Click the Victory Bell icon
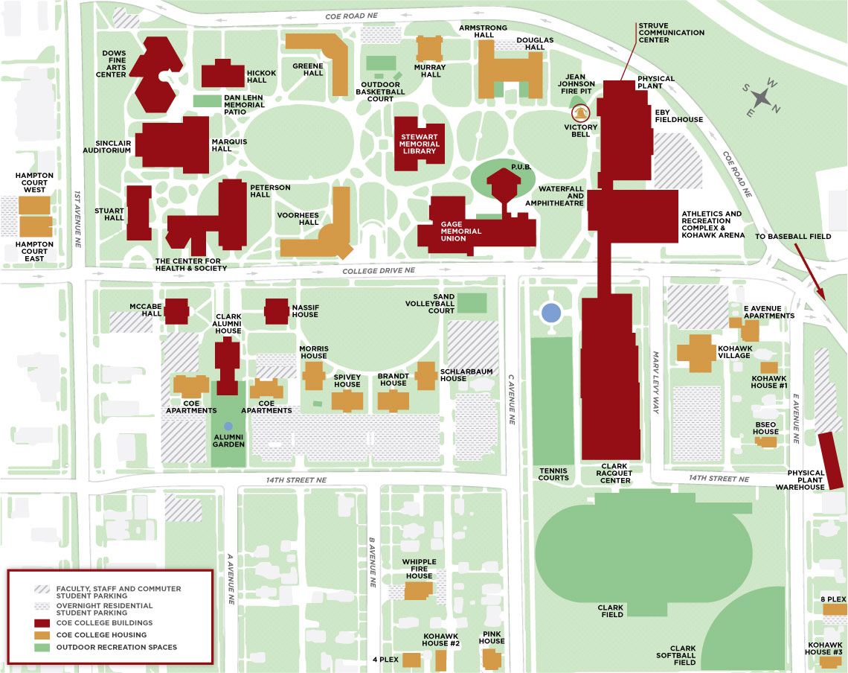[x=579, y=113]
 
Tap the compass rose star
[x=762, y=97]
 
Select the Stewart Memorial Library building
[x=418, y=143]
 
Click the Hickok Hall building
[x=222, y=74]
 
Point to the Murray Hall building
[x=430, y=49]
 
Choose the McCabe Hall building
[x=176, y=311]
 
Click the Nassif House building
[x=277, y=311]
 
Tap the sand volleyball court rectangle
[x=472, y=303]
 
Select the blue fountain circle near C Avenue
[x=550, y=313]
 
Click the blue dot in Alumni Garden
[x=228, y=425]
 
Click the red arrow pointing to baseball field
[x=812, y=272]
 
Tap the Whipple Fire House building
[x=418, y=590]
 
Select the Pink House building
[x=492, y=659]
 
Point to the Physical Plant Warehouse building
[x=829, y=459]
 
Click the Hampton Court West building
[x=34, y=205]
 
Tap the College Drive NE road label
[x=378, y=272]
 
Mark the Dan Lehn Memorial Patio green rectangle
[x=207, y=100]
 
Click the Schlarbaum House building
[x=426, y=375]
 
